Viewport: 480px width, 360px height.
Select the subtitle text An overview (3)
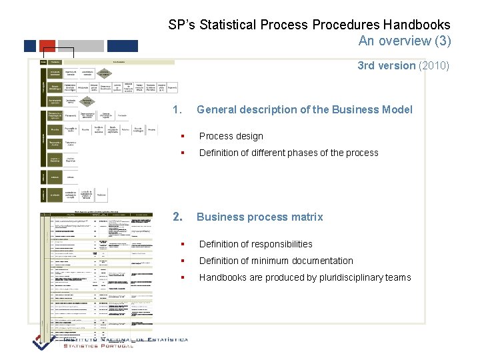coord(404,41)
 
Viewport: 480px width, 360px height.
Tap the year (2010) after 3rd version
coord(434,65)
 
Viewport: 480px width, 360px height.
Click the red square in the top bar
coord(47,46)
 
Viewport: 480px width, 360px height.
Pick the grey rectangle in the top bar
coord(81,46)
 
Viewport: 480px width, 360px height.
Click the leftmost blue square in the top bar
coord(30,46)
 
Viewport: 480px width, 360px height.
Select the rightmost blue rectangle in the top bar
coord(123,46)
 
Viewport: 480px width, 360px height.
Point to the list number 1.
coord(177,109)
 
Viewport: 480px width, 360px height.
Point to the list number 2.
coord(177,217)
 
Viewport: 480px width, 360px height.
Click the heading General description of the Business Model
coord(304,109)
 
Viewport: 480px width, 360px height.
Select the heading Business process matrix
coord(259,217)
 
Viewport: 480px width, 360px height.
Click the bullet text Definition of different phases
coord(288,153)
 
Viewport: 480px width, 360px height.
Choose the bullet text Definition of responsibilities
coord(255,244)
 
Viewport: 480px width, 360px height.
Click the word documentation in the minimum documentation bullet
coord(323,261)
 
